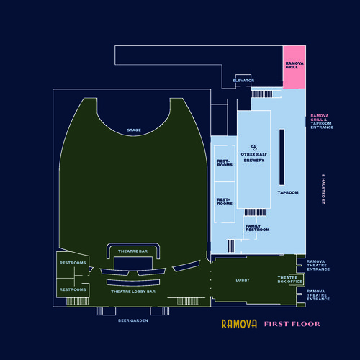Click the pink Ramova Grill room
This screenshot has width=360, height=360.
[294, 67]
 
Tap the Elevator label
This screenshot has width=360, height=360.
[243, 81]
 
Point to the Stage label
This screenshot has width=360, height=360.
[134, 130]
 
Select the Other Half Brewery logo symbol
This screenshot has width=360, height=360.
[253, 148]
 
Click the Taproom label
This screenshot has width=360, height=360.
[288, 192]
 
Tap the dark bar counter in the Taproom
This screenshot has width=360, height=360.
[282, 157]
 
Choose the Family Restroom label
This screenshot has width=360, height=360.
[257, 228]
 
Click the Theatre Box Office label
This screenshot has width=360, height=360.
[290, 279]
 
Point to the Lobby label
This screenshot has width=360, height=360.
[243, 280]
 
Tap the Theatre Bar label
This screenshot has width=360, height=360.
[132, 251]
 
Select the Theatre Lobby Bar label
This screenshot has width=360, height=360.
[133, 292]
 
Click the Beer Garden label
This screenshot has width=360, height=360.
[133, 320]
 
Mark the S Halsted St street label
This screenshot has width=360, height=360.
[323, 189]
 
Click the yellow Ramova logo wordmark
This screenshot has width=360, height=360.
[239, 324]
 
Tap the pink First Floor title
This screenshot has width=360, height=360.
[292, 324]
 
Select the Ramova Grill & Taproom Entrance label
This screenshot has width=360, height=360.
[322, 122]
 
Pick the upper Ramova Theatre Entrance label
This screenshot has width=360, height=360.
[318, 265]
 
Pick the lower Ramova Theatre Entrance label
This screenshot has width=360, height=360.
[318, 295]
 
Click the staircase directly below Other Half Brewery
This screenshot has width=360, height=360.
[255, 212]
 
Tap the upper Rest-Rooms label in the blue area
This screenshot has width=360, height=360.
[225, 163]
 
